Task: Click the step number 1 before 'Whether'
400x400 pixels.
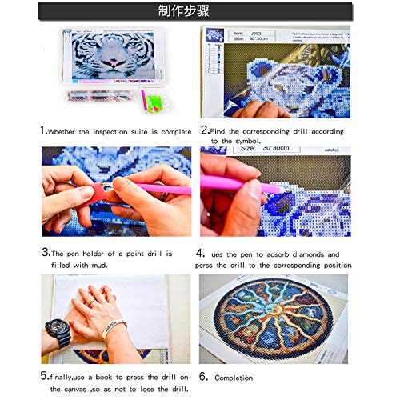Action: (43, 130)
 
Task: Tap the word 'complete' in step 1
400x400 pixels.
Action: (176, 131)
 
